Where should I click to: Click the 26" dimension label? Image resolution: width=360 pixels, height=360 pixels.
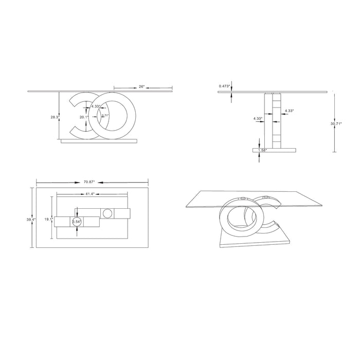click(x=141, y=86)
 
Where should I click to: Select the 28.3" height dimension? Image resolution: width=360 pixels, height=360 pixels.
click(x=54, y=117)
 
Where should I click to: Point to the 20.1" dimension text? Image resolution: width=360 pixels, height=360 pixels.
click(x=84, y=117)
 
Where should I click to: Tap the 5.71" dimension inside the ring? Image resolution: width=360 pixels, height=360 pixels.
click(x=104, y=116)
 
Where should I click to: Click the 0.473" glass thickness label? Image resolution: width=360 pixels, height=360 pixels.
click(x=224, y=86)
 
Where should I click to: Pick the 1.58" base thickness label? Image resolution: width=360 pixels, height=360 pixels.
click(x=263, y=150)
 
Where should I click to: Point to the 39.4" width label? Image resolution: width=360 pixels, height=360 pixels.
click(x=30, y=219)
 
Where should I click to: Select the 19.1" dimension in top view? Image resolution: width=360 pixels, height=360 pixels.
click(x=47, y=220)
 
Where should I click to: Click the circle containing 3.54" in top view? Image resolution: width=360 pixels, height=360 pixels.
click(x=77, y=222)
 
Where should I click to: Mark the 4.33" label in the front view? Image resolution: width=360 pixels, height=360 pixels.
click(x=96, y=106)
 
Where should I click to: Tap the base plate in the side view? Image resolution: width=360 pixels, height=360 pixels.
click(x=275, y=150)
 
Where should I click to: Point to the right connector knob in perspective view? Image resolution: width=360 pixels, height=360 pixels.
click(x=266, y=197)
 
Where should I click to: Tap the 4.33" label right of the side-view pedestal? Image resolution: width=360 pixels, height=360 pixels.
click(x=289, y=111)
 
